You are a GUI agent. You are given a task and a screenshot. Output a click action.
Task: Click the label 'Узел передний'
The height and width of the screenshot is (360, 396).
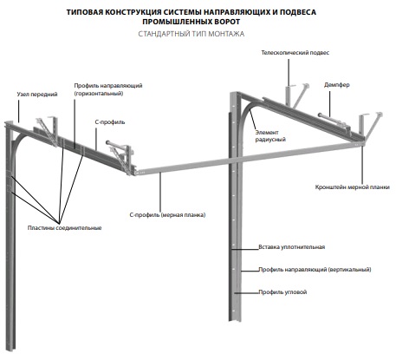click(x=37, y=95)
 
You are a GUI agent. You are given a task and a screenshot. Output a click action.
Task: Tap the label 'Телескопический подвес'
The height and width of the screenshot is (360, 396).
click(x=295, y=53)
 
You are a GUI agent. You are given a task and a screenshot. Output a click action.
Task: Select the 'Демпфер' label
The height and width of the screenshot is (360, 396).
click(x=337, y=85)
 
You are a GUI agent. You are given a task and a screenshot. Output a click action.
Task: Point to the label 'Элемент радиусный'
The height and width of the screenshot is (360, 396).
click(x=270, y=136)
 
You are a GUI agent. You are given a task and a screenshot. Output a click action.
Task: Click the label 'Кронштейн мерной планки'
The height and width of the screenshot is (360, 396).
click(x=353, y=187)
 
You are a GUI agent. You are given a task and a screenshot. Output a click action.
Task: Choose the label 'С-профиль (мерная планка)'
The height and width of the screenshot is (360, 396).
click(x=167, y=215)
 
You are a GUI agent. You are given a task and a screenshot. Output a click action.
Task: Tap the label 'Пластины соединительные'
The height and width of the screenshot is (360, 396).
click(x=64, y=228)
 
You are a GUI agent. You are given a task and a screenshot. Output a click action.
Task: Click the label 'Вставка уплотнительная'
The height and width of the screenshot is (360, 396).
click(x=292, y=247)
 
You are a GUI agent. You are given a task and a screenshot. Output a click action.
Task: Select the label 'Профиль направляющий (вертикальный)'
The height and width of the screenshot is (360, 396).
click(x=315, y=270)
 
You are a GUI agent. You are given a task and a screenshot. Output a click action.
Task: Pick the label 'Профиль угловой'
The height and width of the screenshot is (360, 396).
click(x=282, y=292)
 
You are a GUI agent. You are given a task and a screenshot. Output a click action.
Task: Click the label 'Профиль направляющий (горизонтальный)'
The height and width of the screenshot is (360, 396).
click(x=108, y=89)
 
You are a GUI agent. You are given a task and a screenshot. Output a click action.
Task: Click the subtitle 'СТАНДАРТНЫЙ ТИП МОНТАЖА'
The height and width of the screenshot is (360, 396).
click(x=192, y=34)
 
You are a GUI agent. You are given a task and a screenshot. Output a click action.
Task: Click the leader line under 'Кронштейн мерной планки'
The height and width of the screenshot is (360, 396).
click(x=362, y=165)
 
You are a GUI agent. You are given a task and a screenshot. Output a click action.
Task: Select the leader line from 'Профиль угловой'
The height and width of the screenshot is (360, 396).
click(x=246, y=292)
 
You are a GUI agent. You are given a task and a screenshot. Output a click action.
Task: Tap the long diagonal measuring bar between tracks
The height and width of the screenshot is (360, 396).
click(x=250, y=157)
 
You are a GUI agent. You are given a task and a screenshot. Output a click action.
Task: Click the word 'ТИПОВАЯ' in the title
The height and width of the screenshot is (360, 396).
click(x=83, y=12)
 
